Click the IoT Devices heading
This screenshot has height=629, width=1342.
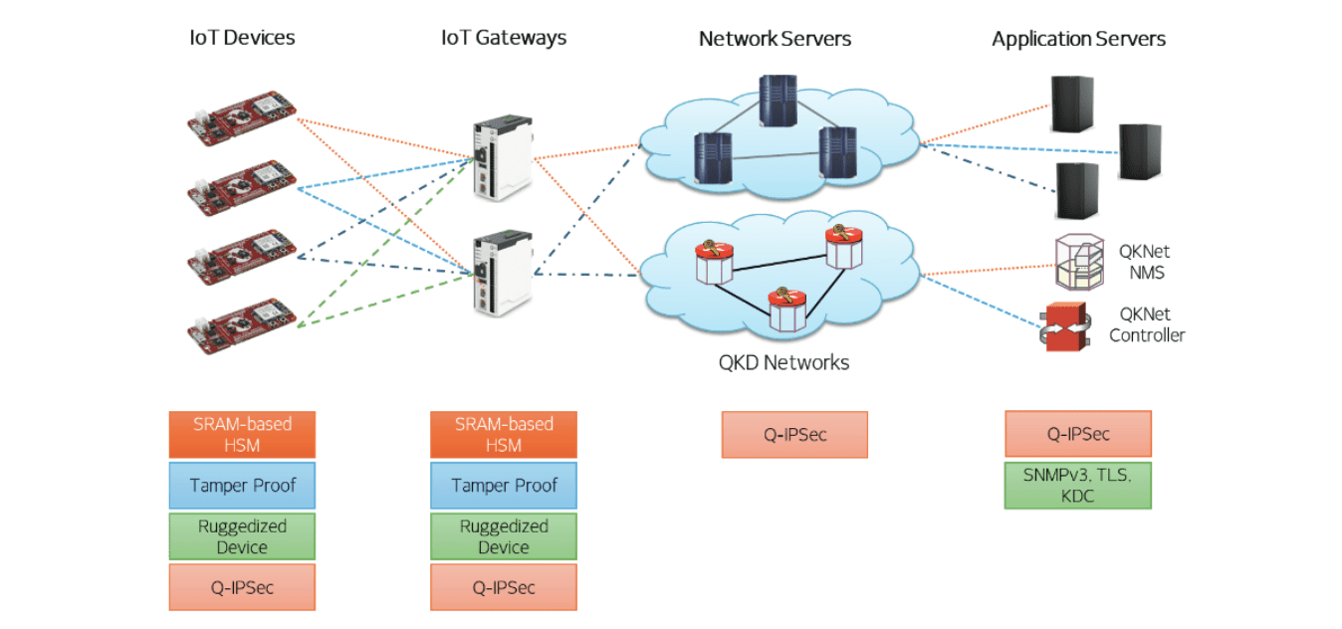pyautogui.click(x=242, y=39)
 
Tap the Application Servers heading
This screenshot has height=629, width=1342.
pyautogui.click(x=1078, y=40)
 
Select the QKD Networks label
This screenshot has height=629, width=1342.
pyautogui.click(x=783, y=362)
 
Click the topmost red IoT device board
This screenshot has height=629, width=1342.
pyautogui.click(x=243, y=117)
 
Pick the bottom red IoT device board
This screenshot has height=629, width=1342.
pyautogui.click(x=243, y=324)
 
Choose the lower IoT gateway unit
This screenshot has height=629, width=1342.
pyautogui.click(x=501, y=273)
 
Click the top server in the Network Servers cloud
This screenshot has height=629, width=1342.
pyautogui.click(x=778, y=100)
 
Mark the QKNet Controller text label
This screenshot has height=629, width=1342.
pyautogui.click(x=1147, y=325)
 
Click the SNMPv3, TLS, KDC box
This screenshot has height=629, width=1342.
pyautogui.click(x=1077, y=485)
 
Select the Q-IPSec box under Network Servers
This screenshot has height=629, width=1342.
pyautogui.click(x=793, y=435)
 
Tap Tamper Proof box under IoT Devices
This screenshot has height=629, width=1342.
pyautogui.click(x=242, y=486)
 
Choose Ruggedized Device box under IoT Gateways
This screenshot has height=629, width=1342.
pyautogui.click(x=503, y=536)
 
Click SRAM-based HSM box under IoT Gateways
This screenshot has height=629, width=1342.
pyautogui.click(x=503, y=435)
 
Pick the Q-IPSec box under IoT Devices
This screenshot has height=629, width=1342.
pyautogui.click(x=242, y=587)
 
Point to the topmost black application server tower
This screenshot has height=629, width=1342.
pyautogui.click(x=1072, y=105)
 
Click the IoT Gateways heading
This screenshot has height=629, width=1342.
pyautogui.click(x=503, y=39)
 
